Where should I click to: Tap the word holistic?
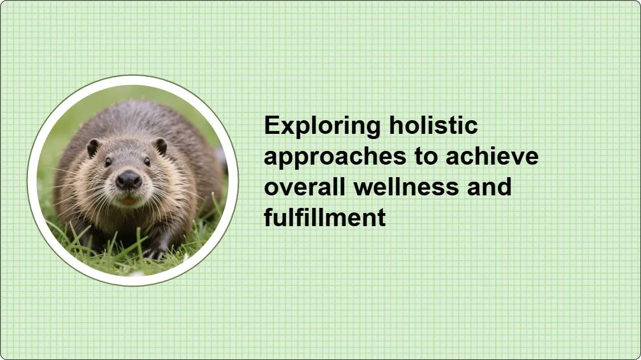[434, 125]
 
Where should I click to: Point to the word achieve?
[492, 156]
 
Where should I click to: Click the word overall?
[305, 186]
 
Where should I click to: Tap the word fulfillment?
[325, 217]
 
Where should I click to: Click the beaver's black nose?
[128, 180]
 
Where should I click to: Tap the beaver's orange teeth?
[128, 202]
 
